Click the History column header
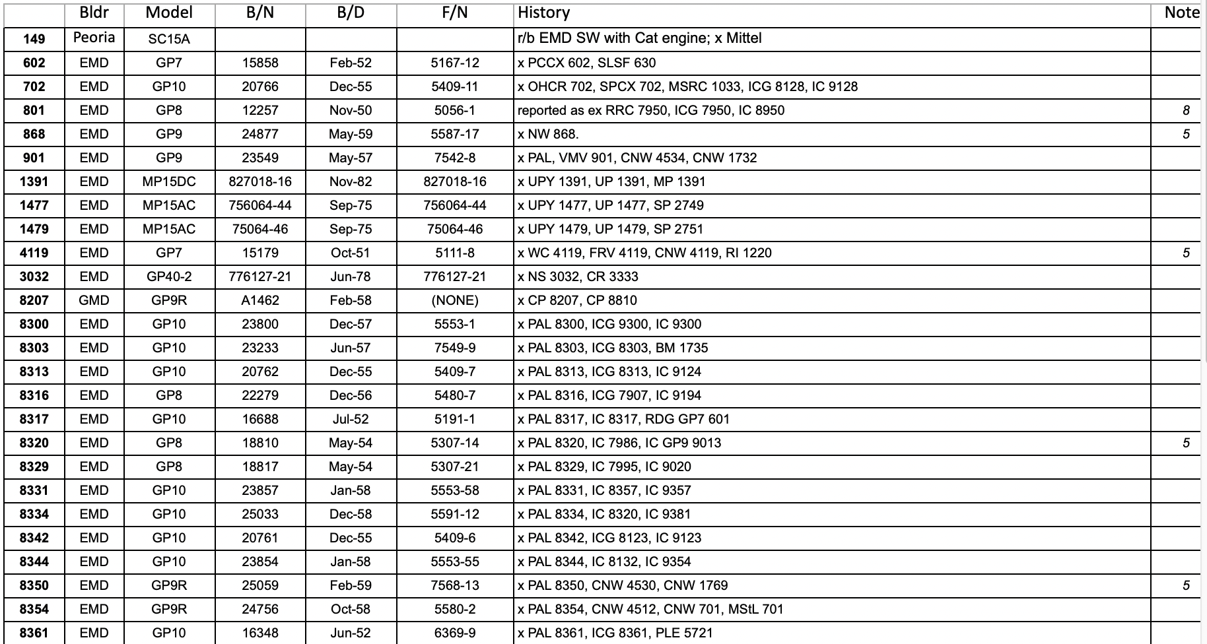click(543, 13)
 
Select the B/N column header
click(260, 13)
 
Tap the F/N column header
click(454, 13)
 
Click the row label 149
click(34, 39)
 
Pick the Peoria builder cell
click(94, 38)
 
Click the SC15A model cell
click(169, 39)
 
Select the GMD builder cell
click(94, 300)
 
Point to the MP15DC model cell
click(169, 181)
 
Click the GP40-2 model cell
click(169, 276)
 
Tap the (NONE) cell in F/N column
click(454, 300)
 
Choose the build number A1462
click(260, 300)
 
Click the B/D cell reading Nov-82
click(351, 181)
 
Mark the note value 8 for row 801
click(1186, 110)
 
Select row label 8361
click(34, 633)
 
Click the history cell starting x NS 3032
click(578, 276)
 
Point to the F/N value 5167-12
click(454, 63)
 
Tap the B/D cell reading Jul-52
click(351, 419)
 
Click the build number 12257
click(260, 110)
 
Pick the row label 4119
click(34, 253)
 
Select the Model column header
click(169, 13)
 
